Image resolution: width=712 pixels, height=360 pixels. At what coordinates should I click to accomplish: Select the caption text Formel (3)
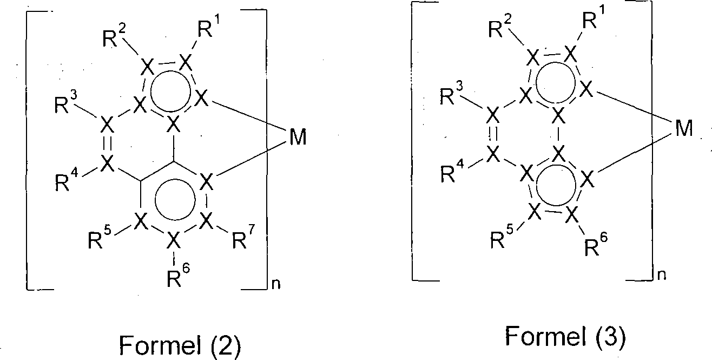[565, 337]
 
